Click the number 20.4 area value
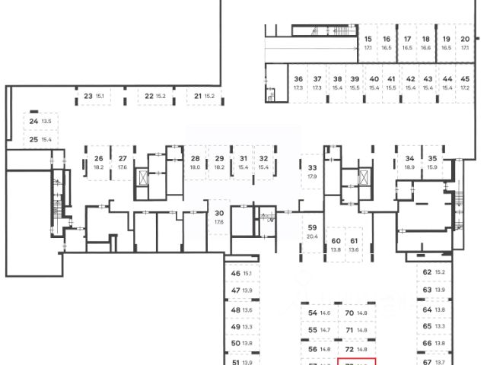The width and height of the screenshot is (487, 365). [x=312, y=236]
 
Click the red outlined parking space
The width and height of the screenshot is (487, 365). [x=356, y=362]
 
